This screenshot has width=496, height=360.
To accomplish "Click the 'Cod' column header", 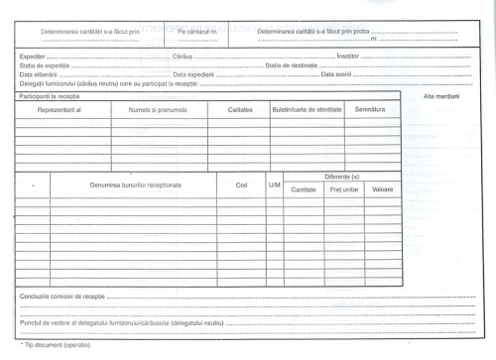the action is (x=241, y=184).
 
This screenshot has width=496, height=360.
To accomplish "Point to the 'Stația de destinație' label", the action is (x=289, y=65).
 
